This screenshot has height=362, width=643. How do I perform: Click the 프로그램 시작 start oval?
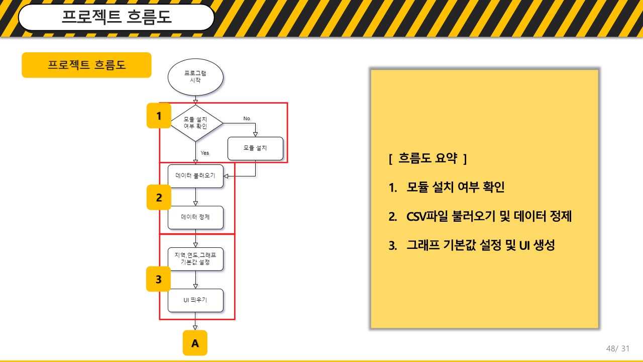[195, 77]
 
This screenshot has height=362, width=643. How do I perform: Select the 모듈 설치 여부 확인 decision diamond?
[196, 123]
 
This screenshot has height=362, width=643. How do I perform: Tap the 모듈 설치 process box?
[255, 148]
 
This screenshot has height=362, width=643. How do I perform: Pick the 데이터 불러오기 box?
[195, 176]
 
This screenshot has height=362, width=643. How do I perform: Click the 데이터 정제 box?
[195, 218]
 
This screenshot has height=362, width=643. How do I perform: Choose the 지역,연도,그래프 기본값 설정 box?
[195, 259]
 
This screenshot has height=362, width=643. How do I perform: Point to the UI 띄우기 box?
[195, 300]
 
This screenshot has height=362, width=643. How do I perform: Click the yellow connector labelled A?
[195, 343]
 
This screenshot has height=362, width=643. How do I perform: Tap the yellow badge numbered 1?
[159, 116]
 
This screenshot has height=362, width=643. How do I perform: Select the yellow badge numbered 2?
[159, 198]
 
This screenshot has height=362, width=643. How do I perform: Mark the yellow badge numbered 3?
[158, 279]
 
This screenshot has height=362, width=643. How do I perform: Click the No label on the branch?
[247, 118]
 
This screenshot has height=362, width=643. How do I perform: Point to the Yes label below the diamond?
[204, 153]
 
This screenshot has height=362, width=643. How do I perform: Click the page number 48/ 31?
[618, 348]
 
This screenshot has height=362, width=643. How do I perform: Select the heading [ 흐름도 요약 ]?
[427, 158]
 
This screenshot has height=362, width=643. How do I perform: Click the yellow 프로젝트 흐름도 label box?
[86, 65]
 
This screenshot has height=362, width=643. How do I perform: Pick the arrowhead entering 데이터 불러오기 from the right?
[226, 176]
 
